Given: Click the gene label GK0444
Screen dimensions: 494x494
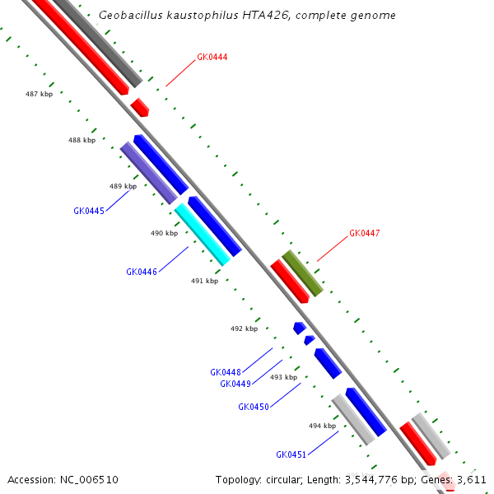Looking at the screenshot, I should pyautogui.click(x=212, y=58).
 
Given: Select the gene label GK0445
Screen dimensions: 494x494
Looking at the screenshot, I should pyautogui.click(x=88, y=212).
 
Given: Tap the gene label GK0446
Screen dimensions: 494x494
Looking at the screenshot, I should pyautogui.click(x=141, y=272).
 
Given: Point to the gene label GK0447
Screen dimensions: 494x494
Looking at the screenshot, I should pyautogui.click(x=364, y=234).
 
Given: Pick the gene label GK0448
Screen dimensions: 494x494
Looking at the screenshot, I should pyautogui.click(x=225, y=372).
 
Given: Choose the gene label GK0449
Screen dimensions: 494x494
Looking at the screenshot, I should pyautogui.click(x=235, y=384).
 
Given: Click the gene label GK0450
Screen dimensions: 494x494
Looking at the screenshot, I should pyautogui.click(x=253, y=407).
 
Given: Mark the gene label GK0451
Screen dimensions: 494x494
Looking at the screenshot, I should pyautogui.click(x=291, y=454).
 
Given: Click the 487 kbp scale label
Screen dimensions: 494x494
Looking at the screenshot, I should pyautogui.click(x=39, y=95).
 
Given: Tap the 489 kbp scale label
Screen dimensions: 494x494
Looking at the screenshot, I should pyautogui.click(x=123, y=187).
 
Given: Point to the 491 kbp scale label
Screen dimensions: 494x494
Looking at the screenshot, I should pyautogui.click(x=204, y=281).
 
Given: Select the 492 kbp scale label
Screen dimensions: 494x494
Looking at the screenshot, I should pyautogui.click(x=244, y=329).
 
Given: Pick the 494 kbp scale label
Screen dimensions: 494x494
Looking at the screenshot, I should pyautogui.click(x=322, y=426).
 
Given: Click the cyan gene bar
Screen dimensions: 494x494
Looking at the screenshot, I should pyautogui.click(x=202, y=235).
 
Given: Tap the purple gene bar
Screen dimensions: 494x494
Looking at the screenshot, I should pyautogui.click(x=148, y=173).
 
